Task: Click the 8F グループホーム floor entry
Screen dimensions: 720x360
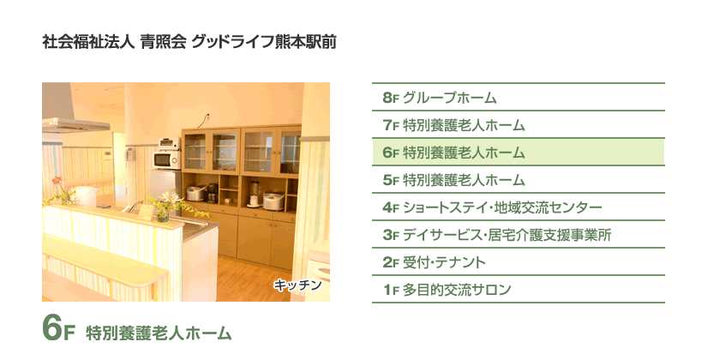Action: (518, 98)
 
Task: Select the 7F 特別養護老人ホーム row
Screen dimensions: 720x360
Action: (518, 125)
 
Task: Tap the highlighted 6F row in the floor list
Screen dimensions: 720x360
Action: (518, 152)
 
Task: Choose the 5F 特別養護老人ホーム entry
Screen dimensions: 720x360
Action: (518, 179)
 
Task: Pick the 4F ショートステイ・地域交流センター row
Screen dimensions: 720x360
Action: (518, 207)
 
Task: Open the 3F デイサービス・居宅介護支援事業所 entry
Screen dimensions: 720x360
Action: (518, 235)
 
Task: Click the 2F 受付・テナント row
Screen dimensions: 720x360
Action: (518, 262)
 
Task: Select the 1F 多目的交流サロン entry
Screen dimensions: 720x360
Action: (518, 290)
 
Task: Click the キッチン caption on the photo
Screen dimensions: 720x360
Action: (297, 285)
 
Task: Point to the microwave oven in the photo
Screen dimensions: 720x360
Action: (166, 160)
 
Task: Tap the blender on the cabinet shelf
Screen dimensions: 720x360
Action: (254, 194)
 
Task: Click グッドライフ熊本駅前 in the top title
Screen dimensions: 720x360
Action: (264, 42)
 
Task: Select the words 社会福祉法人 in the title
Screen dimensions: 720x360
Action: (88, 42)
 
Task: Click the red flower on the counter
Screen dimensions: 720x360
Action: (57, 181)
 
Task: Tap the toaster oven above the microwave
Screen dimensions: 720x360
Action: (170, 144)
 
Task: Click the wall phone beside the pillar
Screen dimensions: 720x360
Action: (130, 154)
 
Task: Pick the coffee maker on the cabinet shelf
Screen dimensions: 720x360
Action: (213, 194)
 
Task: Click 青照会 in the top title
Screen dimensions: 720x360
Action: (163, 42)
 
